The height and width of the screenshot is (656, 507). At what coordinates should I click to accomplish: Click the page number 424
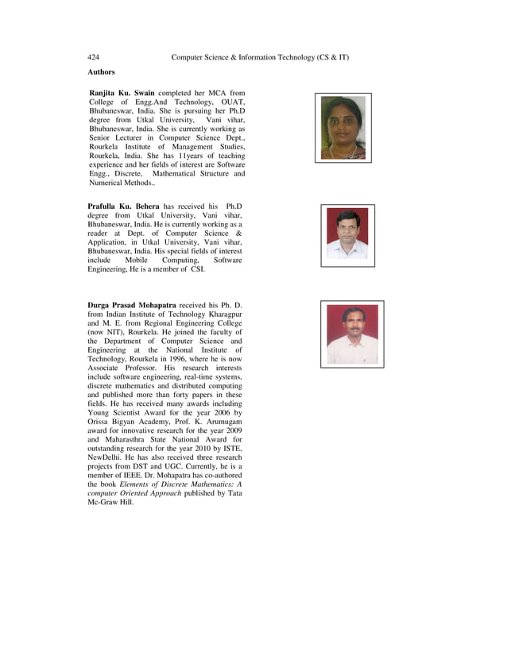coord(93,58)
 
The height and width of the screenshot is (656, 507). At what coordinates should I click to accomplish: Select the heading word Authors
coord(101,72)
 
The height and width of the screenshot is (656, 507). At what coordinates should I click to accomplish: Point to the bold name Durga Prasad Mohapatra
coord(132,305)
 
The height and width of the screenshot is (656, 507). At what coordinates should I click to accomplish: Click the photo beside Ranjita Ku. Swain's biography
coord(343,128)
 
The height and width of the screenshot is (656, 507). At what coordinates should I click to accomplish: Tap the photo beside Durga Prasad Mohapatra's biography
coord(352,334)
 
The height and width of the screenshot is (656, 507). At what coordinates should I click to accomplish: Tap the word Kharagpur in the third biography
coord(223,315)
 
